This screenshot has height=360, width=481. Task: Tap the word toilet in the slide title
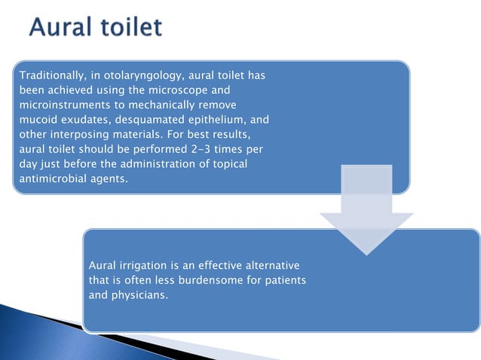point(130,29)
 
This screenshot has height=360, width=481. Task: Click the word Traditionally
point(51,76)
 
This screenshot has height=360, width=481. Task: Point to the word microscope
point(175,90)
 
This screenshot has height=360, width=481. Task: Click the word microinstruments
point(63,105)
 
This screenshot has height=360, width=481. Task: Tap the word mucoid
point(35,120)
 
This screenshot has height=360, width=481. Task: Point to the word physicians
point(140,295)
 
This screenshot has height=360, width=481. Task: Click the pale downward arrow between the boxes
point(366,211)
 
